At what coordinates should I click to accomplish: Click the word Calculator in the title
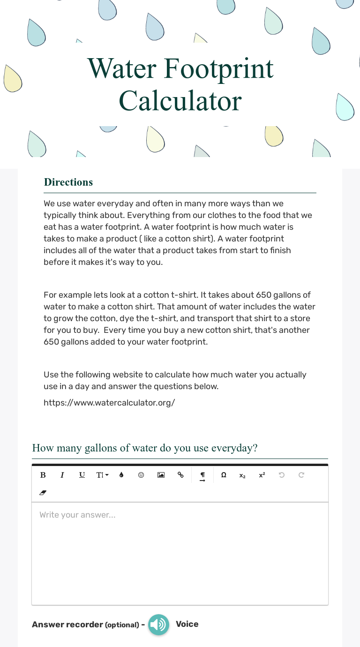180,100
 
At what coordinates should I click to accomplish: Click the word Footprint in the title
218,68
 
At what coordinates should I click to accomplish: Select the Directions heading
68,182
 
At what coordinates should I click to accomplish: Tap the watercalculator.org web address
109,402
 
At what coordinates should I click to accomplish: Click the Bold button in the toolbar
43,475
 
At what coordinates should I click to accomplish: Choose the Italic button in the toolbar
62,475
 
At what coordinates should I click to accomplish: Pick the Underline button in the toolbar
82,475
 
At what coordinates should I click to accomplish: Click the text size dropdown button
102,475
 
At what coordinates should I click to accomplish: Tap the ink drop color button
121,475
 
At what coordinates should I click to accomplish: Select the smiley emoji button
141,475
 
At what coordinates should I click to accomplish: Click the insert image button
161,475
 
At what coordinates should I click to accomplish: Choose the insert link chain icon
180,475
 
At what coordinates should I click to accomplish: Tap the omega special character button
224,475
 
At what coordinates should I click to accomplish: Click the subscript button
242,475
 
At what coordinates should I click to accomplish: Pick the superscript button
262,475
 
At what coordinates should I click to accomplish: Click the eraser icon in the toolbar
43,493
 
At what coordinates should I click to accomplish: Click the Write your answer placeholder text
77,515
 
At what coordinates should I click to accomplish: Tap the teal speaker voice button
159,624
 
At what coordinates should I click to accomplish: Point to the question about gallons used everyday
145,448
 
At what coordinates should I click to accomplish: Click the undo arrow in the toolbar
282,475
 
